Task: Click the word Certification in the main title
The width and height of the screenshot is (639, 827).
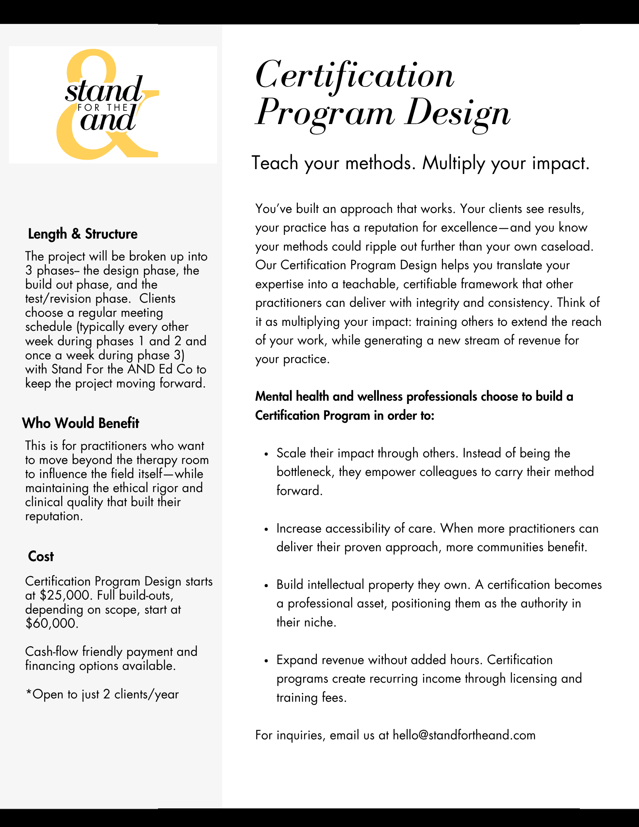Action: pos(355,75)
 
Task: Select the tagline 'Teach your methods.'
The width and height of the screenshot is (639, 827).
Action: pos(333,163)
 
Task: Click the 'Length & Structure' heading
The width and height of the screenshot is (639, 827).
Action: pos(83,234)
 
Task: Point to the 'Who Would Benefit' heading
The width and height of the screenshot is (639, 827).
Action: pos(81,423)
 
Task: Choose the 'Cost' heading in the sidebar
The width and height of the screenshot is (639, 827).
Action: pos(41,557)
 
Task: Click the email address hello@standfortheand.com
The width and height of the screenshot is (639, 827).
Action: pos(464,735)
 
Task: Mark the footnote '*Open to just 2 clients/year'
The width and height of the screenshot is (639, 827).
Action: pos(102,694)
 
